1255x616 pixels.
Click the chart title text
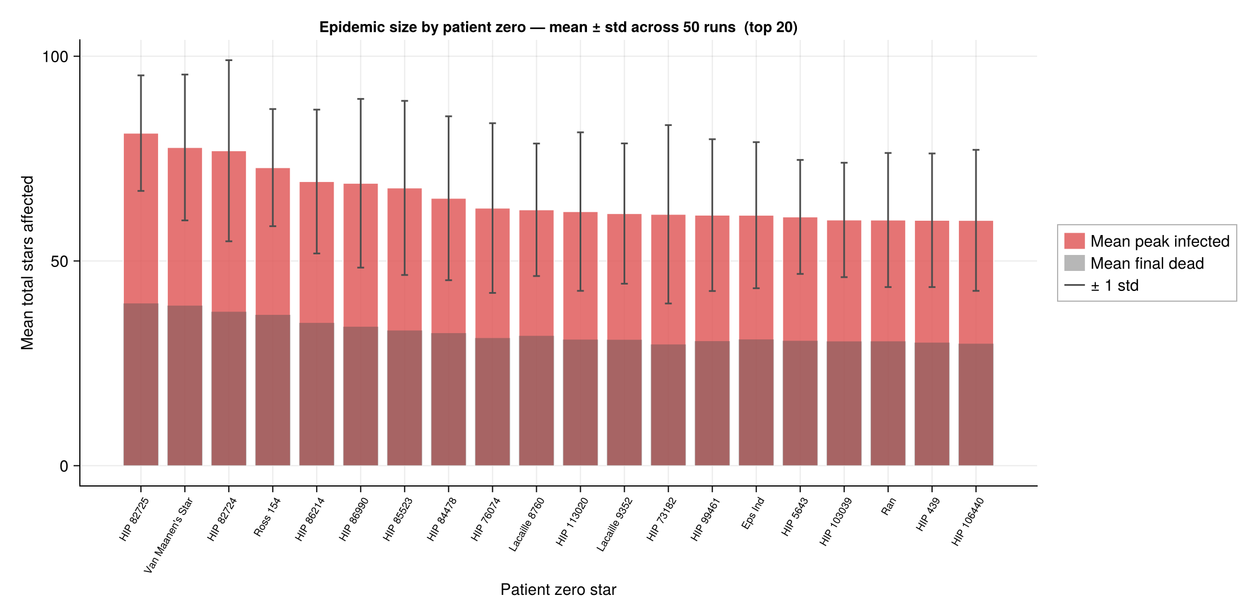click(x=558, y=27)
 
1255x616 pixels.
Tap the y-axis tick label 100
click(x=55, y=56)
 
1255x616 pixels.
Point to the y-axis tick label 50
click(x=59, y=262)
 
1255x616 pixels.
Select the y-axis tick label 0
click(x=64, y=467)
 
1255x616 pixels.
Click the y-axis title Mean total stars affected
click(x=27, y=262)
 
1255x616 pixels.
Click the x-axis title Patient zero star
click(x=558, y=590)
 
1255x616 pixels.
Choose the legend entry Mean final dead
click(x=1147, y=264)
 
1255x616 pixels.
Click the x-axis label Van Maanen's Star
click(x=169, y=535)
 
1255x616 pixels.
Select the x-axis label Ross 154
click(x=268, y=517)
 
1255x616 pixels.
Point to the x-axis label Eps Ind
click(x=753, y=513)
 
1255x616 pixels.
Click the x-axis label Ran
click(x=889, y=506)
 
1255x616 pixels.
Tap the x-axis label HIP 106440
click(x=968, y=521)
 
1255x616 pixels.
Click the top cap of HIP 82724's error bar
click(x=229, y=60)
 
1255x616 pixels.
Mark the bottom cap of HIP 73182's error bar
click(x=669, y=303)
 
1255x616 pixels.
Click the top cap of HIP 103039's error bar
click(x=844, y=163)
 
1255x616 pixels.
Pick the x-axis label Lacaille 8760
click(x=527, y=524)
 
